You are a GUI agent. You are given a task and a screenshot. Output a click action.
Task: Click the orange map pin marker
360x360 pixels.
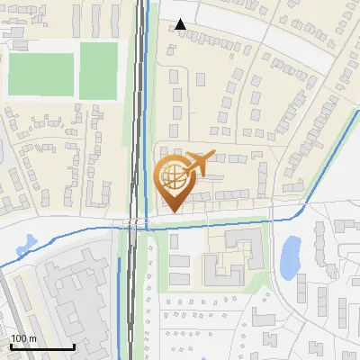[x=173, y=180]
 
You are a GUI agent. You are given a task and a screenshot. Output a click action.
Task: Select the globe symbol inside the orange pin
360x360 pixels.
[x=172, y=178]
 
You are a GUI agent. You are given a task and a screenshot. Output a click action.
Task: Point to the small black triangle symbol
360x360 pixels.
[x=181, y=24]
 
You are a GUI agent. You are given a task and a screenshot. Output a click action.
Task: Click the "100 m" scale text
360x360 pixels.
[x=24, y=337]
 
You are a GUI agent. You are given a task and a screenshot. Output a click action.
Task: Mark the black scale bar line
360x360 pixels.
[x=42, y=346]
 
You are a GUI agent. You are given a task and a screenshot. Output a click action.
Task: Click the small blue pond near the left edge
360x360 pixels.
[x=24, y=242]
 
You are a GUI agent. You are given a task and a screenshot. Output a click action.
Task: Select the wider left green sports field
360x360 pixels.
[x=40, y=74]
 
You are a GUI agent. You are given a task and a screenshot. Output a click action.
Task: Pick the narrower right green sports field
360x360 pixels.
[x=98, y=70]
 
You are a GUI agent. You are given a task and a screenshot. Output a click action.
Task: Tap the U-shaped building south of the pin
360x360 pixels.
[x=230, y=261]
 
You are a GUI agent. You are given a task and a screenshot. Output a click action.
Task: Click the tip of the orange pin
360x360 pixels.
[x=172, y=211]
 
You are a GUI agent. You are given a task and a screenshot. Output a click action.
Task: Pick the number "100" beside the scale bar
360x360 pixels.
[x=19, y=337]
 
